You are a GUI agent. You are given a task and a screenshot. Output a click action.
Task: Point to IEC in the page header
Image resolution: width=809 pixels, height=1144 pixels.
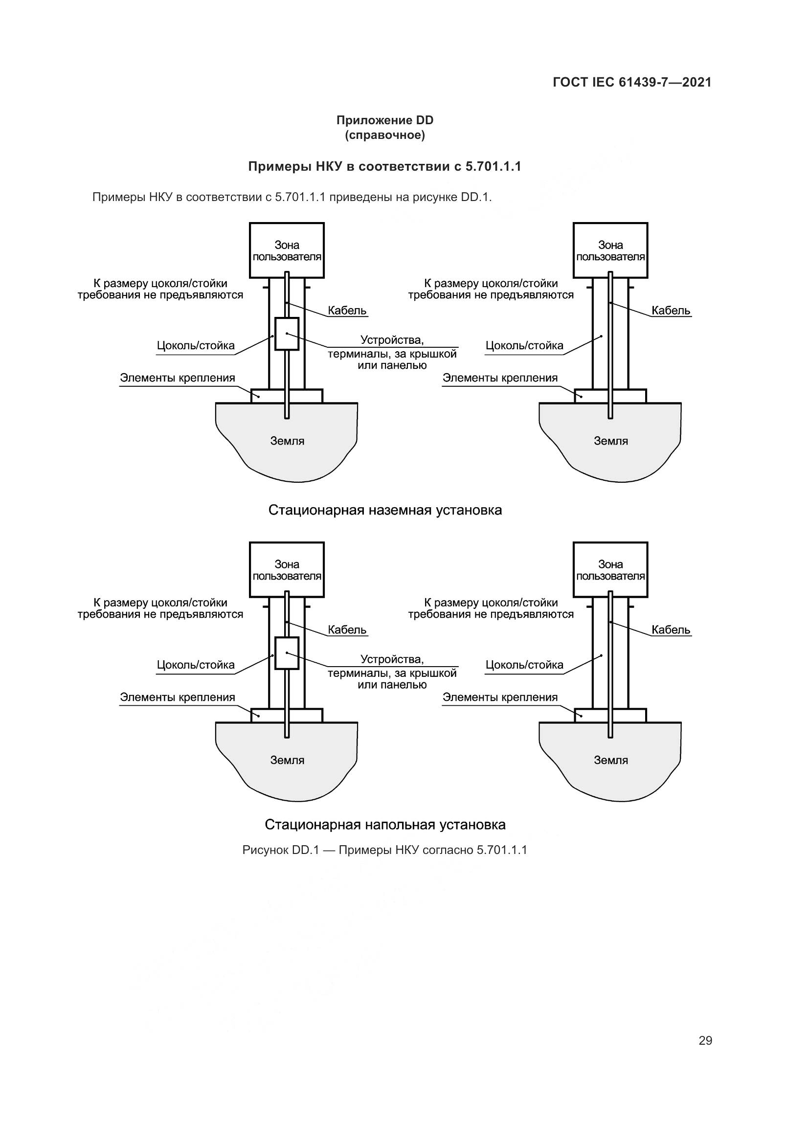pos(603,83)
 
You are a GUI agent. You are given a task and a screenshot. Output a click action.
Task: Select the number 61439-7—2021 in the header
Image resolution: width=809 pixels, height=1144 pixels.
pos(665,83)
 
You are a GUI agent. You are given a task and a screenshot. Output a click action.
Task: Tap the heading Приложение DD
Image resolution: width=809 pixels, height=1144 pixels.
pos(384,120)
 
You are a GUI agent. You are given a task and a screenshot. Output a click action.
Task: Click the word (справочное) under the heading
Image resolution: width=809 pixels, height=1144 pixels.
pos(384,135)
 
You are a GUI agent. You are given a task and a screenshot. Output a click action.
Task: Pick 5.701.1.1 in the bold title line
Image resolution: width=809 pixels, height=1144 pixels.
pos(493,166)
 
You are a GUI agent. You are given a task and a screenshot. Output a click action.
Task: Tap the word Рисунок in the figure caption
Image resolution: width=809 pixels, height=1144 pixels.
pos(266,850)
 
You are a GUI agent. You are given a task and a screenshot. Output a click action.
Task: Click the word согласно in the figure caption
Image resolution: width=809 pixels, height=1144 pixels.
pos(448,850)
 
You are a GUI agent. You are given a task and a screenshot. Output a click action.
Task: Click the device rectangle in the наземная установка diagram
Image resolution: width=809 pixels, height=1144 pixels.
pos(287,334)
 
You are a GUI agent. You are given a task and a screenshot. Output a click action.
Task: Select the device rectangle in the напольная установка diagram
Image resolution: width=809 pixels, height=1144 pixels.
pos(287,653)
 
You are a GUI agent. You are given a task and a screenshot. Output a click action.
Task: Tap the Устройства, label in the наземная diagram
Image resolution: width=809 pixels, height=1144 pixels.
pos(392,340)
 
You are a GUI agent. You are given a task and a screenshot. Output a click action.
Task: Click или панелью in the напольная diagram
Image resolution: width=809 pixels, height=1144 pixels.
pos(392,685)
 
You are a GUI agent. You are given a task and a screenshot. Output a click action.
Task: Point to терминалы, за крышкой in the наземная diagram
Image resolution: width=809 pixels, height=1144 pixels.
pos(392,354)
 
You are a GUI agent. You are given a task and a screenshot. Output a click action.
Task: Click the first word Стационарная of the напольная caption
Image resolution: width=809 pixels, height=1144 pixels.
pos(313,825)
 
